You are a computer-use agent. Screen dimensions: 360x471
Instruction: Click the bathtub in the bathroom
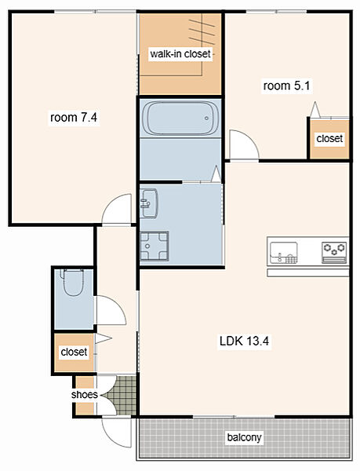click(x=180, y=119)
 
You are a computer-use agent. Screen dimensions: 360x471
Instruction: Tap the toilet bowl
click(x=73, y=283)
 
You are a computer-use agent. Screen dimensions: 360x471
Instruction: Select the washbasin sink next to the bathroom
click(x=149, y=203)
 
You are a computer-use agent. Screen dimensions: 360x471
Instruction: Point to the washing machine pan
click(x=155, y=246)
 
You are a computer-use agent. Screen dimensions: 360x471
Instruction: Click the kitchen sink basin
click(x=283, y=253)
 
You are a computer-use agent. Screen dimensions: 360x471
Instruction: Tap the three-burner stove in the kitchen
click(x=334, y=253)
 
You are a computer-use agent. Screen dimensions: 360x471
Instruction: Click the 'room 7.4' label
click(x=74, y=117)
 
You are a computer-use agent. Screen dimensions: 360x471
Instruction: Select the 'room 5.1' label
click(x=286, y=86)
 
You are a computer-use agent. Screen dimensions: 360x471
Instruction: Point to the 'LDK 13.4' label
click(x=244, y=341)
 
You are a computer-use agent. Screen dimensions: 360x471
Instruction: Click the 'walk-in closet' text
click(x=180, y=54)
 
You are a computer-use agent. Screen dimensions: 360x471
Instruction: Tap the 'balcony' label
click(x=244, y=437)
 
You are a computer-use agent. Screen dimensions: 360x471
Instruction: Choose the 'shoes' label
click(x=85, y=394)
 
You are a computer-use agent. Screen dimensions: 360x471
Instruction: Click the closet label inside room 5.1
click(x=329, y=138)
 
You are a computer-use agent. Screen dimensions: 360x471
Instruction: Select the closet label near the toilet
click(x=74, y=352)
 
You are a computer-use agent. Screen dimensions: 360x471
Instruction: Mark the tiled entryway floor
click(x=123, y=396)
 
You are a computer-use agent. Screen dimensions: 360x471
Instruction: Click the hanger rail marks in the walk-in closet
click(x=202, y=31)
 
